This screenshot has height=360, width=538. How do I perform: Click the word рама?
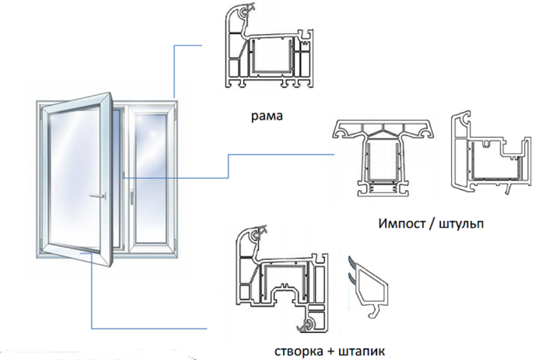tap(267, 116)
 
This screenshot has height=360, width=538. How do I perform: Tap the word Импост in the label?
tap(401, 224)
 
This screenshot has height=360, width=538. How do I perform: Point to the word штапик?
tap(362, 351)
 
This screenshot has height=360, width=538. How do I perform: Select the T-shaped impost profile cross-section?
tap(383, 158)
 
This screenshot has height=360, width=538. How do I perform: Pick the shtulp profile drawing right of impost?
tap(490, 153)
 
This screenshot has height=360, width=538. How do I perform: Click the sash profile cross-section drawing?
tap(281, 279)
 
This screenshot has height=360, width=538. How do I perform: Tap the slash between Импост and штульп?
tap(430, 224)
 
